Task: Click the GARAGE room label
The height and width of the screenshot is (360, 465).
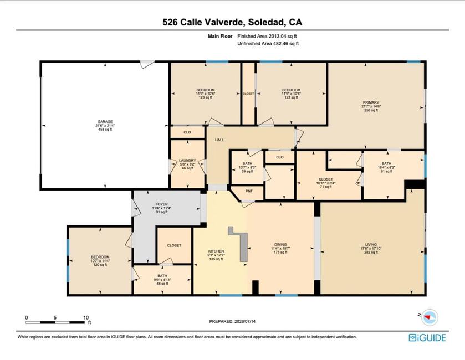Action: click(x=105, y=121)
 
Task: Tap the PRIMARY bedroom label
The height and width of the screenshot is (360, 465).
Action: click(x=371, y=102)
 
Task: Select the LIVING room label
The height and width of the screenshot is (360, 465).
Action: click(x=371, y=245)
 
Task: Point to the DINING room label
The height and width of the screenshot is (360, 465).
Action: click(x=280, y=245)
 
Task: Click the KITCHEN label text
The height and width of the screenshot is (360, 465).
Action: click(x=216, y=251)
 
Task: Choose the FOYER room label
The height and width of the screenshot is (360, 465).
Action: click(x=162, y=204)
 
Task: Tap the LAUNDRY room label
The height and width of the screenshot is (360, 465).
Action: click(x=187, y=160)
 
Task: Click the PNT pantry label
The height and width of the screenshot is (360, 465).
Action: click(x=249, y=191)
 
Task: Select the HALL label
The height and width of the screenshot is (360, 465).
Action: click(x=219, y=140)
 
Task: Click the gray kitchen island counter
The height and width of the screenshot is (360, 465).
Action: click(x=243, y=246)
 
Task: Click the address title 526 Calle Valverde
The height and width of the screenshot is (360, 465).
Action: click(x=203, y=22)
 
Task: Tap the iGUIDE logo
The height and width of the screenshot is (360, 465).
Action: click(x=427, y=338)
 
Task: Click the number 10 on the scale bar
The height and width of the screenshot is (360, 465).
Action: click(x=86, y=317)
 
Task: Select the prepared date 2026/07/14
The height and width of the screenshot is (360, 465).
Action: click(x=244, y=321)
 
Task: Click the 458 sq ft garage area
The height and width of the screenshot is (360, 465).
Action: click(x=105, y=130)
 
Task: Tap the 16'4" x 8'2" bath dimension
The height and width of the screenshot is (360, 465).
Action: click(x=386, y=167)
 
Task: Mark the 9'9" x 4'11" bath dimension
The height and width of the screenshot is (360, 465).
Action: click(x=162, y=280)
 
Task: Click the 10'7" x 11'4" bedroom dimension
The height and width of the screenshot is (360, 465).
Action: click(x=100, y=261)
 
